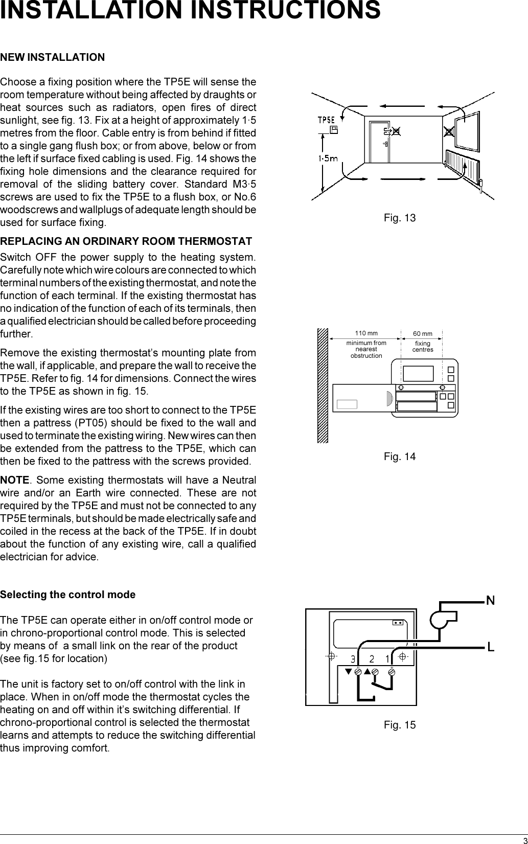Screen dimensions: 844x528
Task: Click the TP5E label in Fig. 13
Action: click(326, 120)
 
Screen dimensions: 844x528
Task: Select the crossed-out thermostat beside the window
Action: click(449, 131)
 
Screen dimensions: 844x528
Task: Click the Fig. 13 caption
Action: click(400, 218)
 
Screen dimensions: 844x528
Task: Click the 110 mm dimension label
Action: click(366, 334)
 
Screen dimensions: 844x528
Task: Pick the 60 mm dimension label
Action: click(422, 334)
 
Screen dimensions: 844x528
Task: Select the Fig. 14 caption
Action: click(400, 457)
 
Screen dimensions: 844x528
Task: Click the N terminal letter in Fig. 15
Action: click(490, 600)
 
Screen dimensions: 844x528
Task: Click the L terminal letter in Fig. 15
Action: click(490, 648)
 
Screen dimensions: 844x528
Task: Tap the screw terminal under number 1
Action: click(392, 672)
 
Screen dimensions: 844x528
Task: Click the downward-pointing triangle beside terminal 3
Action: click(349, 671)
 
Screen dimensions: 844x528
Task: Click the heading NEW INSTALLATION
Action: click(53, 57)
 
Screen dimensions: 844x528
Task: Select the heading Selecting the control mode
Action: click(67, 595)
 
